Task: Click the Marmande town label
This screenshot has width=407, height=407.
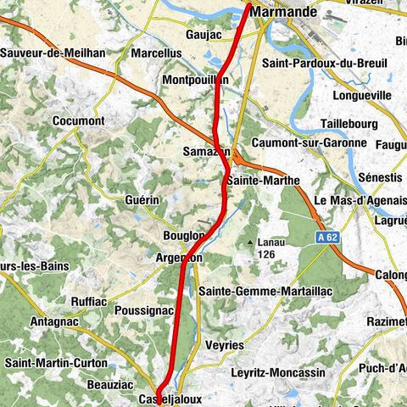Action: click(x=283, y=13)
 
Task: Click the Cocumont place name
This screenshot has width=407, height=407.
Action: click(x=78, y=121)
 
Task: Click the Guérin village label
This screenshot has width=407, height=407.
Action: click(x=142, y=199)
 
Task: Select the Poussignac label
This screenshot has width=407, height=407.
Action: click(x=143, y=311)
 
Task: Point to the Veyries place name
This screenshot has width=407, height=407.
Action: click(x=225, y=345)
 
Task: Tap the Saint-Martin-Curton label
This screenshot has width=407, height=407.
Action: click(x=56, y=364)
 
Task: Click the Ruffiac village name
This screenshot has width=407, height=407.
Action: click(x=88, y=298)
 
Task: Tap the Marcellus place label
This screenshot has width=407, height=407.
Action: click(x=157, y=53)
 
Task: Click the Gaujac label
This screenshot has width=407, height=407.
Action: click(x=203, y=35)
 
